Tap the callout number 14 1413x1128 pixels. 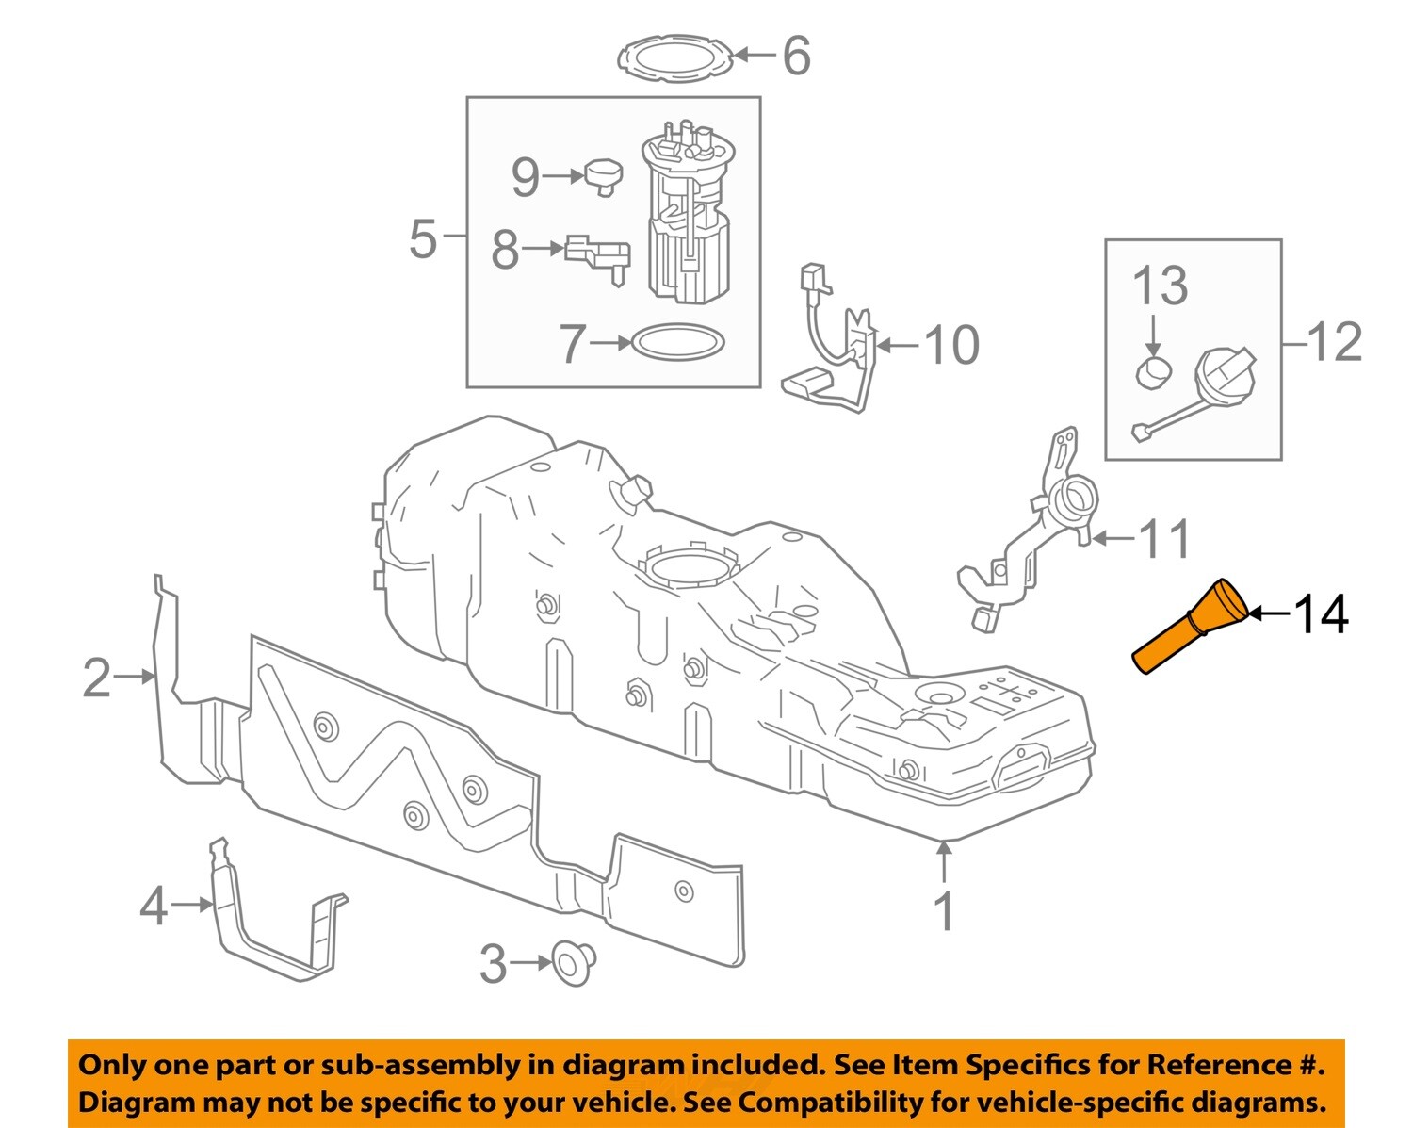(x=1322, y=614)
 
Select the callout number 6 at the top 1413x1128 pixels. (x=796, y=56)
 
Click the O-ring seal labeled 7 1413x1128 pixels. (x=676, y=342)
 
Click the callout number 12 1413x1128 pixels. (x=1335, y=341)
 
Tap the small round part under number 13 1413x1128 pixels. (x=1154, y=372)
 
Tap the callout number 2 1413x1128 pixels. (x=97, y=678)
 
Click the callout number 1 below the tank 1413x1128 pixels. (x=944, y=911)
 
